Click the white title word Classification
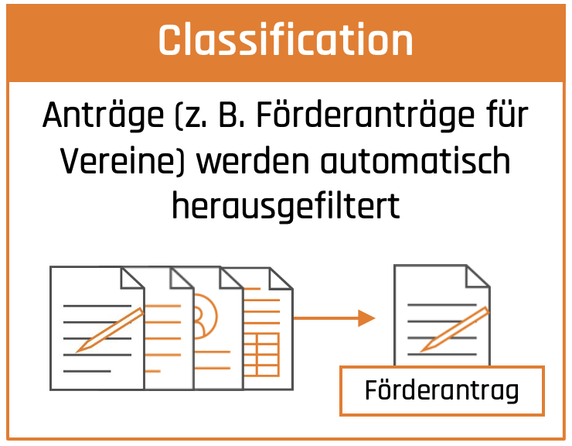point(286,39)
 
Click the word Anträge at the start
point(104,116)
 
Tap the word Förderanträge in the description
point(365,116)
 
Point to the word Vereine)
point(123,161)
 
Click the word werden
point(253,161)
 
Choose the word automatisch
point(415,161)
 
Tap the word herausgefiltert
point(286,206)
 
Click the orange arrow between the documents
point(334,318)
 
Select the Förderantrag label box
point(442,391)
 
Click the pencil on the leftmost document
point(110,330)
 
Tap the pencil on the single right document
point(455,330)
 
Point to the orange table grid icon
point(261,354)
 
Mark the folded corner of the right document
point(478,276)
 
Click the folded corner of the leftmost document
point(133,278)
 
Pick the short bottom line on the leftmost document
point(87,371)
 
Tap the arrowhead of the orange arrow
point(366,318)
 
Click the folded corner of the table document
point(281,279)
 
